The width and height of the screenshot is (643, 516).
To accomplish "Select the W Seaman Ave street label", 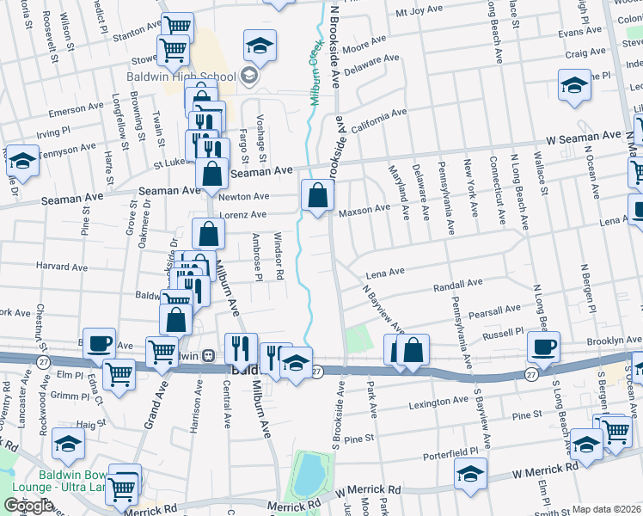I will click(583, 137).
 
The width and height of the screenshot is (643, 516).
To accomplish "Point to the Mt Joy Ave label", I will click(423, 14).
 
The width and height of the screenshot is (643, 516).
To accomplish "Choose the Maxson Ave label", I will click(364, 209).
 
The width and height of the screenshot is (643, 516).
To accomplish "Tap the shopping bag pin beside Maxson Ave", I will click(317, 195).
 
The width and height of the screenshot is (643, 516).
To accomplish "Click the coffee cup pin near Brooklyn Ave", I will click(543, 347).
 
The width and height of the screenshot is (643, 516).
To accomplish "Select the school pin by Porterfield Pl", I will click(470, 473).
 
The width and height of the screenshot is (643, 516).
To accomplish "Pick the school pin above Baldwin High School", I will click(260, 45).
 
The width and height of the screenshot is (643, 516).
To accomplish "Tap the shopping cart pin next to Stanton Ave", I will click(176, 27).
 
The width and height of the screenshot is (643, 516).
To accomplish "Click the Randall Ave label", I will click(459, 285).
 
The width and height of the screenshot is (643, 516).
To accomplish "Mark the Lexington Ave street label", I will click(438, 402).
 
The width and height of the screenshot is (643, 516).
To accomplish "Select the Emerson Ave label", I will click(76, 110).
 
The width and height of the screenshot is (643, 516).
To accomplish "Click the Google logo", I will click(28, 506).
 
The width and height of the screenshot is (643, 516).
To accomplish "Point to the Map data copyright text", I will click(607, 509).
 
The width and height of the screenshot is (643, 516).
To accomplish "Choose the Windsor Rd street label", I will click(278, 256).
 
